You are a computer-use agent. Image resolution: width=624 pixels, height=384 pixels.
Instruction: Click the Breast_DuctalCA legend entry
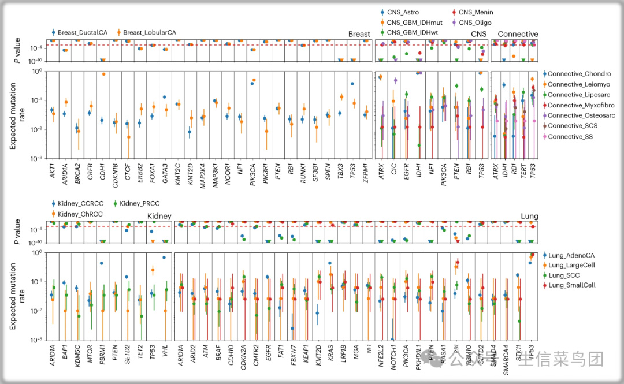tap(80, 33)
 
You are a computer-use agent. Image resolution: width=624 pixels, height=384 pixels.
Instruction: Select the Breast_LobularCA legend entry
tap(149, 33)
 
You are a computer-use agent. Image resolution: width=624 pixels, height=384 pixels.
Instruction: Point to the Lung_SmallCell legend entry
tap(571, 285)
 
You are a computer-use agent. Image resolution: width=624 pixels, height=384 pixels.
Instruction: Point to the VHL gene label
tap(165, 352)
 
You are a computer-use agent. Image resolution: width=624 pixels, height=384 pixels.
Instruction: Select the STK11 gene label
tap(518, 353)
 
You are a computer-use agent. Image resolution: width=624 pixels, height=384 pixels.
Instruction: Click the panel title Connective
tap(518, 34)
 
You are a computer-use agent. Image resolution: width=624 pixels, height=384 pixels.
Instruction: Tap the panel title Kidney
tap(159, 216)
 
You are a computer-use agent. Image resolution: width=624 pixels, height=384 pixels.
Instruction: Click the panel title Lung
tap(529, 217)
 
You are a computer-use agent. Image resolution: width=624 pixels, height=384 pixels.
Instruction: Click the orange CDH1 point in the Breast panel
tap(103, 74)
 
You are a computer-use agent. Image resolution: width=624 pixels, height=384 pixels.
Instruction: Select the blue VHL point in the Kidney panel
tap(164, 258)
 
